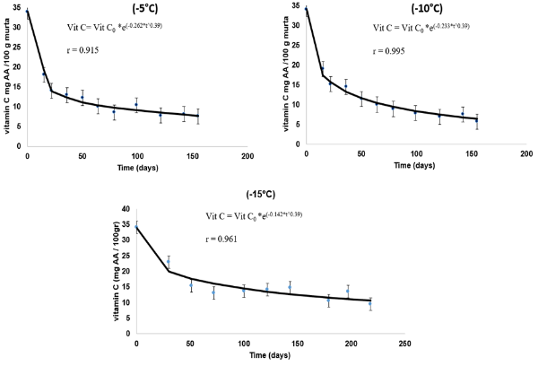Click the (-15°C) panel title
pos(273,196)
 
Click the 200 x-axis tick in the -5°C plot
pos(247,157)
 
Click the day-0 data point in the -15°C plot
pos(136,228)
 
